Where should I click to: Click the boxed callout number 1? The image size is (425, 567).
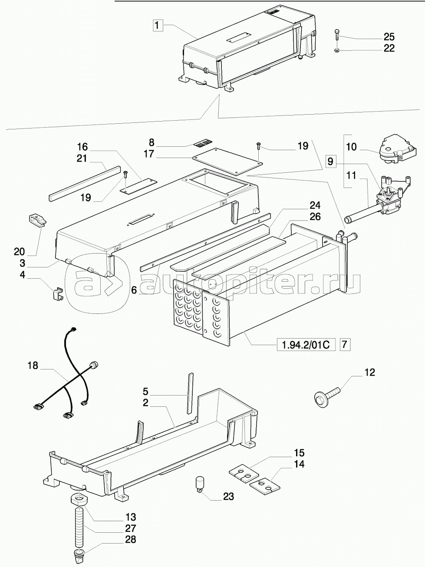click(158, 26)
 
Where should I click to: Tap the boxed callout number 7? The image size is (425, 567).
click(344, 345)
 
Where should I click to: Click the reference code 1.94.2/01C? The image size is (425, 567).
click(306, 346)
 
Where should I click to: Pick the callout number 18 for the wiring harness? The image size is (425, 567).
click(33, 366)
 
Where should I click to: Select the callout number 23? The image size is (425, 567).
click(228, 496)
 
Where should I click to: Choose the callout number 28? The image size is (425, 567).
click(131, 540)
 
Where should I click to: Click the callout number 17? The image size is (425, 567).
click(149, 154)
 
